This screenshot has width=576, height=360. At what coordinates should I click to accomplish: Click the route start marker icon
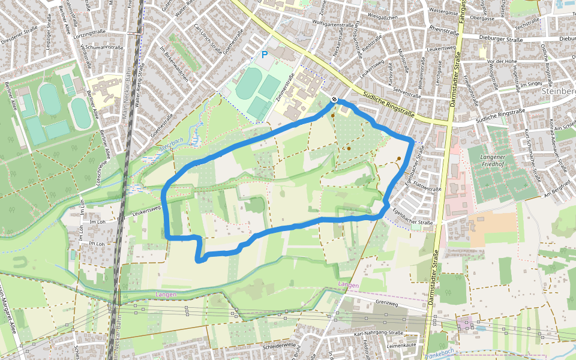334,100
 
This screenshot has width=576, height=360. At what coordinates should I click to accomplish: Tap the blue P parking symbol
264,55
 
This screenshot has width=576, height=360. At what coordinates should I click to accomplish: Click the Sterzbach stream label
171,147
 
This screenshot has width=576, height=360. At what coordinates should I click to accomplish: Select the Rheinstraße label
444,28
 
